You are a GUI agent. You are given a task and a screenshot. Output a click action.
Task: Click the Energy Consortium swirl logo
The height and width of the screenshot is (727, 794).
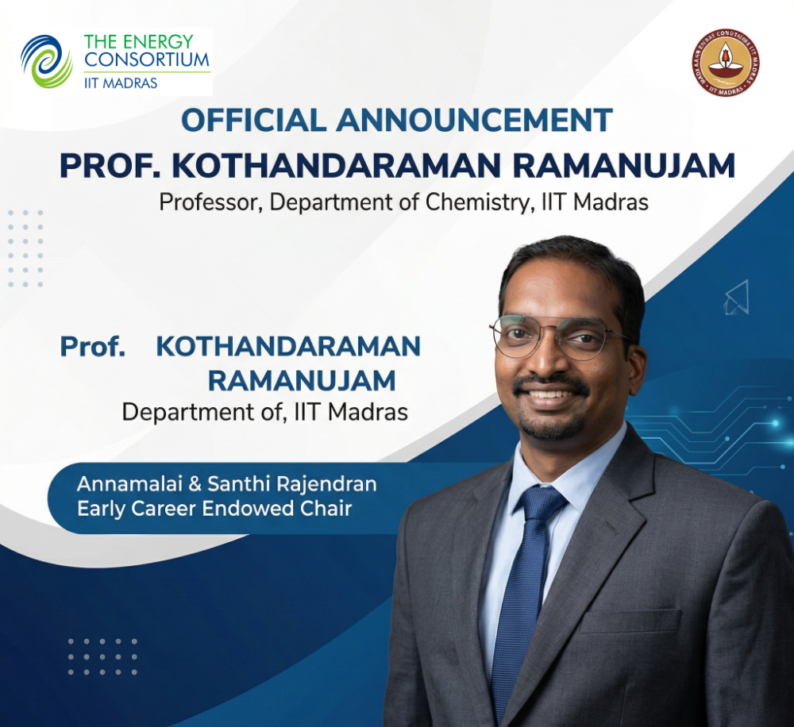pyautogui.click(x=47, y=61)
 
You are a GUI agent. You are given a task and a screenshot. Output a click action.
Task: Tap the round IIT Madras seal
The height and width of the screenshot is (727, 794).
pyautogui.click(x=726, y=62)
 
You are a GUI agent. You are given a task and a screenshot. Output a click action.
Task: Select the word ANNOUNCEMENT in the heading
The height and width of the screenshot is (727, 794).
pyautogui.click(x=475, y=120)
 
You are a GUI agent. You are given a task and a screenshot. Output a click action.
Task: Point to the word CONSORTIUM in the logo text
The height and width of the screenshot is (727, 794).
pyautogui.click(x=147, y=60)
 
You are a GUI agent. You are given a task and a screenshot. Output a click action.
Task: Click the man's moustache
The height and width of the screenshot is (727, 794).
pyautogui.click(x=550, y=384)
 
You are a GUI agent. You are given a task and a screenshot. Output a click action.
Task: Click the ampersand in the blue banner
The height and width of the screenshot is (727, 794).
pyautogui.click(x=195, y=484)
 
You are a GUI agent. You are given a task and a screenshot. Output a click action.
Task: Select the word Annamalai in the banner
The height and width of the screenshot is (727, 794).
pyautogui.click(x=129, y=484)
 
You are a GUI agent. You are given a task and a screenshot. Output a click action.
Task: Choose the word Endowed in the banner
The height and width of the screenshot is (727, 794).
pyautogui.click(x=248, y=509)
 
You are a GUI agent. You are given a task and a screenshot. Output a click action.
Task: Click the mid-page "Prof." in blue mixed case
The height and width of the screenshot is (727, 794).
pyautogui.click(x=93, y=347)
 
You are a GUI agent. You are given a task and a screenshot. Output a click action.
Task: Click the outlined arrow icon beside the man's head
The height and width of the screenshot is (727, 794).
pyautogui.click(x=737, y=297)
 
